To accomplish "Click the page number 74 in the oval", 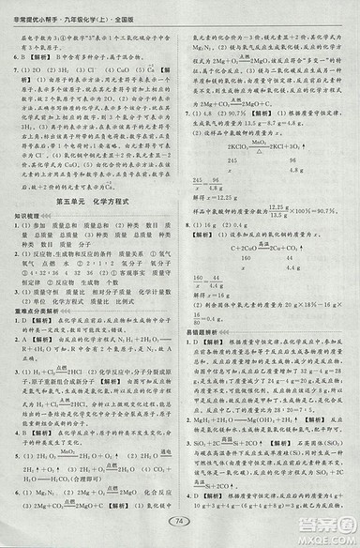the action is [179, 523].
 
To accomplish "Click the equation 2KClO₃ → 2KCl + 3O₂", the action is [258, 147].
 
